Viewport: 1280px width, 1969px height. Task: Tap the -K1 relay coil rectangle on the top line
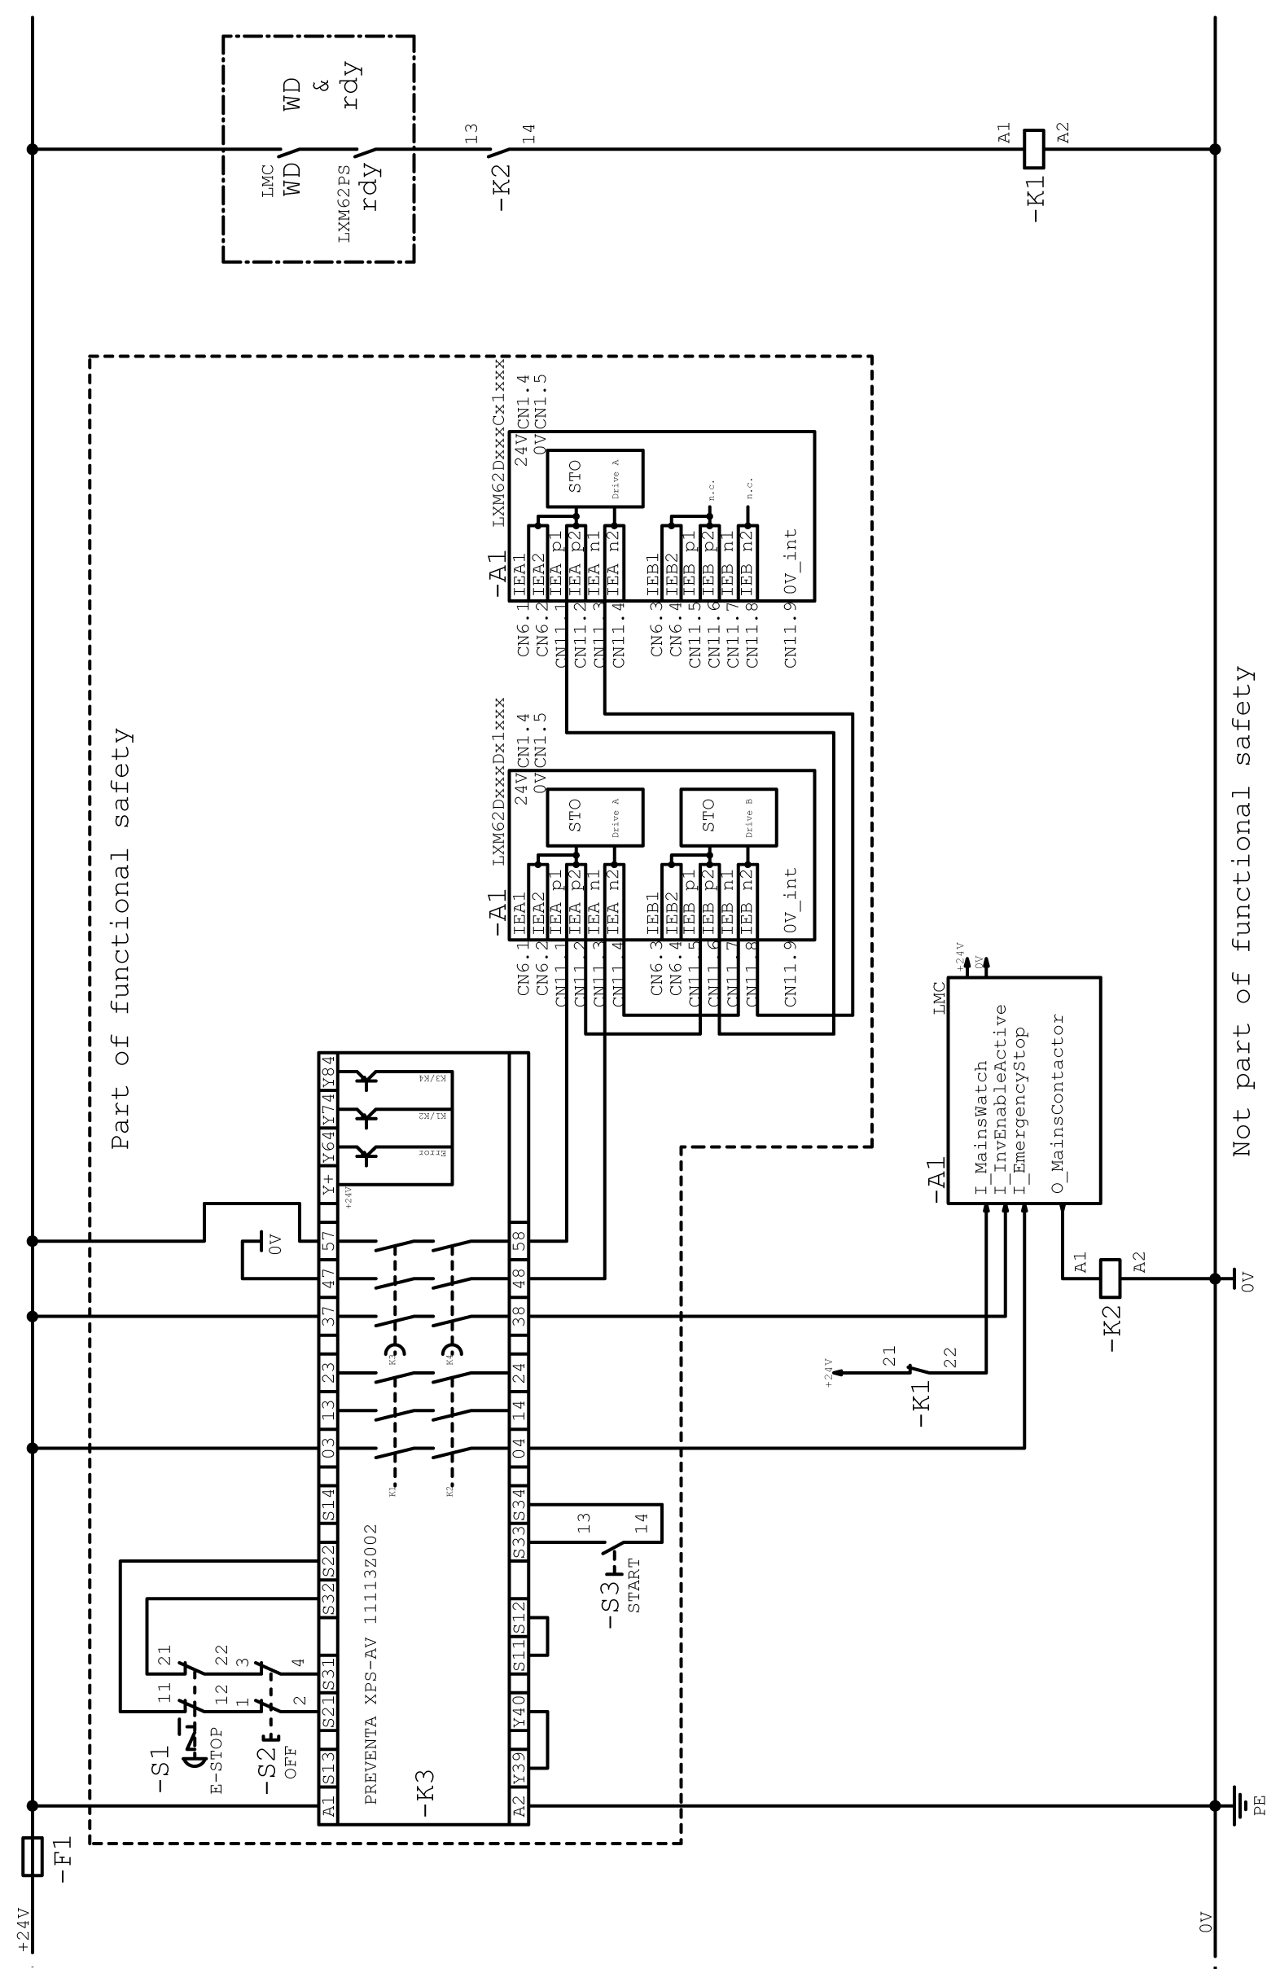tap(1034, 149)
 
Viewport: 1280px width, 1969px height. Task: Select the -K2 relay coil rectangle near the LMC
tap(1110, 1278)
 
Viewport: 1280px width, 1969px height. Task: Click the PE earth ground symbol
tap(1239, 1805)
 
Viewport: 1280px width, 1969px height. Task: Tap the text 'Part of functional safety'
tap(121, 939)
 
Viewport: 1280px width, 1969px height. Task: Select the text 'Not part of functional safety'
tap(1243, 911)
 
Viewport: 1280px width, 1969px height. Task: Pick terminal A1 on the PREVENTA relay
tap(327, 1806)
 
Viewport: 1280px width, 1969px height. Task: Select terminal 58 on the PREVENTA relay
tap(519, 1241)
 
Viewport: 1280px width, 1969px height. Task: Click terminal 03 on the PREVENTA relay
tap(327, 1448)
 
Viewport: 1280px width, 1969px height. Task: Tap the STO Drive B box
tap(727, 817)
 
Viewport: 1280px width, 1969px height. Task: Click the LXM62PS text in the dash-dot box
tap(344, 204)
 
